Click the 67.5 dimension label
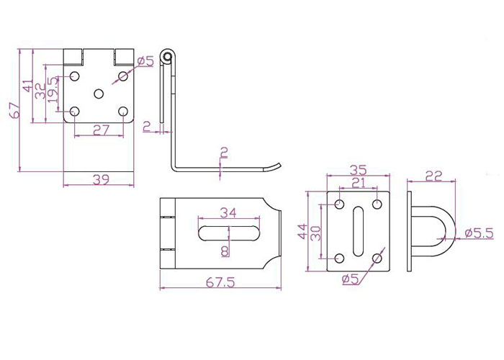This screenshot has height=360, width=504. coord(220,282)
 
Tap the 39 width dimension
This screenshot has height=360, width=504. coord(101,179)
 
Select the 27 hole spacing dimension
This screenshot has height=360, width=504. coord(102,130)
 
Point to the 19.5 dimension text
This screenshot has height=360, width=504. coord(53,90)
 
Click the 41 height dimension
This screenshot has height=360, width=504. coord(27,86)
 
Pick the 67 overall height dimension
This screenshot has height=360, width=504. coord(15,110)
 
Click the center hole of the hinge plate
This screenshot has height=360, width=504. coord(99,94)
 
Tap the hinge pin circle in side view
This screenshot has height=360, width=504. coord(166,57)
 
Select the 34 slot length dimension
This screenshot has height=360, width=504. coord(228,212)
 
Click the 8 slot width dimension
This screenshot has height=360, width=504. coord(225,251)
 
